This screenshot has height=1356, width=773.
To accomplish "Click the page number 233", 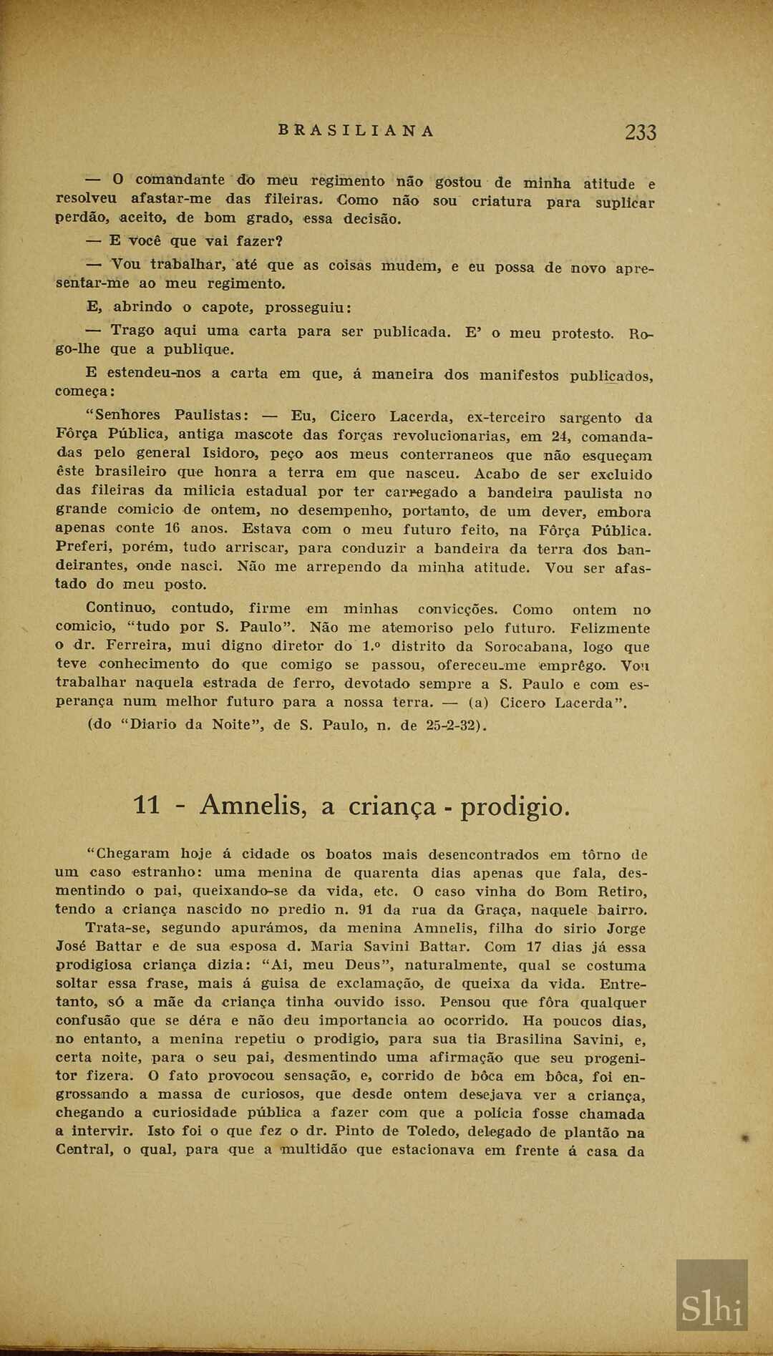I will (x=640, y=132).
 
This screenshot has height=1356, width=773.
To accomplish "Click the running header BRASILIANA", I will (x=356, y=131).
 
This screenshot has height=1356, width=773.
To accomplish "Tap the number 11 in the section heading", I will (x=147, y=806).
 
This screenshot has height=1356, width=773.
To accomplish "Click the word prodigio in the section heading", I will (x=515, y=807).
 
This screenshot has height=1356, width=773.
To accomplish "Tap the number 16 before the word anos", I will (x=172, y=529).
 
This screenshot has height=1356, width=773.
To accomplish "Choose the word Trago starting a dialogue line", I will (x=132, y=331).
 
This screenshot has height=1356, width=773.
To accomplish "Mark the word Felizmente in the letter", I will (x=610, y=628).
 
